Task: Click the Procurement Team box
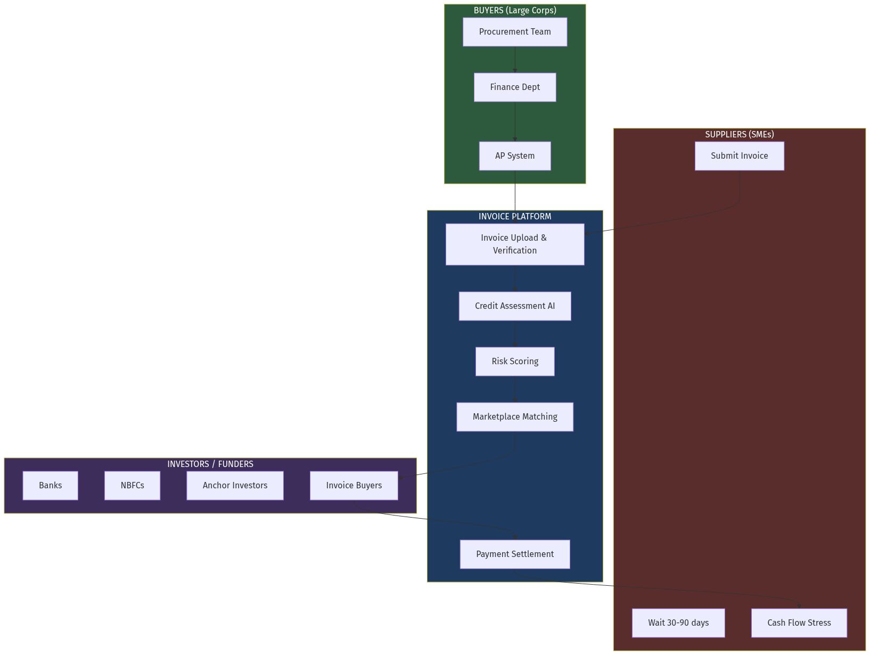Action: click(x=515, y=32)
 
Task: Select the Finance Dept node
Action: click(x=515, y=87)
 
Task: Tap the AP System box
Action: click(x=515, y=156)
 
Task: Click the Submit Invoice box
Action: click(x=739, y=156)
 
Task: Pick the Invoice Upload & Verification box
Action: click(x=515, y=244)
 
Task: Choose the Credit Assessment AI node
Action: click(x=515, y=306)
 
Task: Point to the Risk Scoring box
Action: click(x=515, y=362)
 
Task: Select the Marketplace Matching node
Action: click(x=515, y=417)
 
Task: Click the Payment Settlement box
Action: click(x=515, y=554)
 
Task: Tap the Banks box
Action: click(x=51, y=486)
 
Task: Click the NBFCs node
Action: click(x=132, y=486)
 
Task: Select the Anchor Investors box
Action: click(x=235, y=486)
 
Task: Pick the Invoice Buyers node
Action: click(x=354, y=486)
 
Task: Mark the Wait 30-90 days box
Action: click(x=678, y=623)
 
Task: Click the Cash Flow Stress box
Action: click(x=799, y=623)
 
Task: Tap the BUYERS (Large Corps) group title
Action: click(x=515, y=11)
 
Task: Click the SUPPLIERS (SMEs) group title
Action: click(x=739, y=135)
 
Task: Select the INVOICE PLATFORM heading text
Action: click(x=515, y=217)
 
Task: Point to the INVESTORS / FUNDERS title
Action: click(x=210, y=464)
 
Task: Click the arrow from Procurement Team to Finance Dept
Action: click(x=515, y=60)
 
